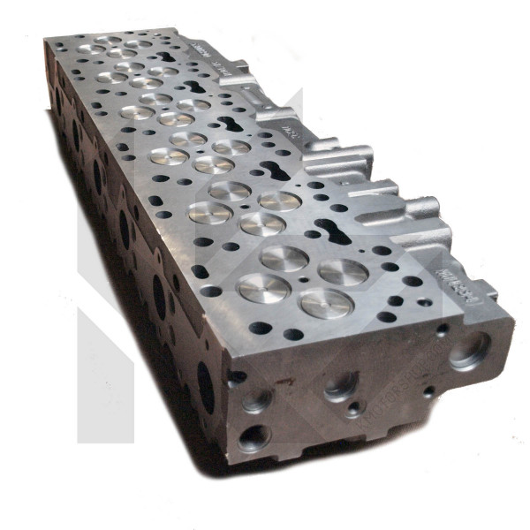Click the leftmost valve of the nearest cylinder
pos(263,286)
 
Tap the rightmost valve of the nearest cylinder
pos(343,271)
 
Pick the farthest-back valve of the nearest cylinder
pos(284,258)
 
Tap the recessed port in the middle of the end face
pos(340,385)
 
